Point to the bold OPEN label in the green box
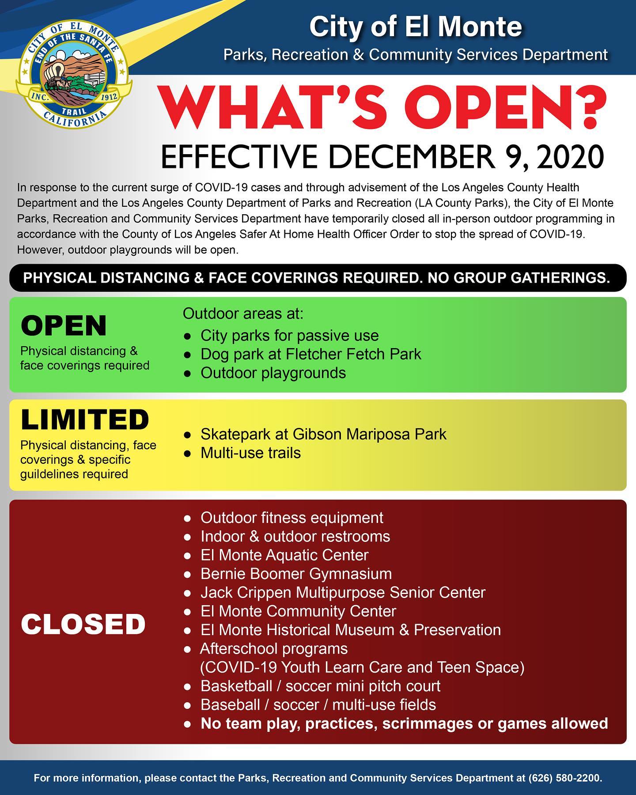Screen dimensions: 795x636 [x=64, y=326]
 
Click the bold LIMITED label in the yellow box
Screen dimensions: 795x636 [x=85, y=420]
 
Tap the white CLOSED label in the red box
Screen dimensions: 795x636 [x=83, y=625]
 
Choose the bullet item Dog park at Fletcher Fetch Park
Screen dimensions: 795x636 [x=310, y=354]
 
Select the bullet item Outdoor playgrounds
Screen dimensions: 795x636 [x=273, y=373]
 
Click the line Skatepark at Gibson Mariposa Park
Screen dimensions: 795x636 [x=323, y=434]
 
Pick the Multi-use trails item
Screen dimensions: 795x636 [x=250, y=453]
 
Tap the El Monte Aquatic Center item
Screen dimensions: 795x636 [x=284, y=555]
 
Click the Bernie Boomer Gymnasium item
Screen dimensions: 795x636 [x=296, y=574]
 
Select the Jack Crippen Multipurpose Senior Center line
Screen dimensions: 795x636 [x=343, y=592]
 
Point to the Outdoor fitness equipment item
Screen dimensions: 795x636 [x=291, y=517]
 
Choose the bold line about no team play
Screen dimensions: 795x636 [x=404, y=723]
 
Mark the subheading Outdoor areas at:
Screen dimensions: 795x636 [x=243, y=314]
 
